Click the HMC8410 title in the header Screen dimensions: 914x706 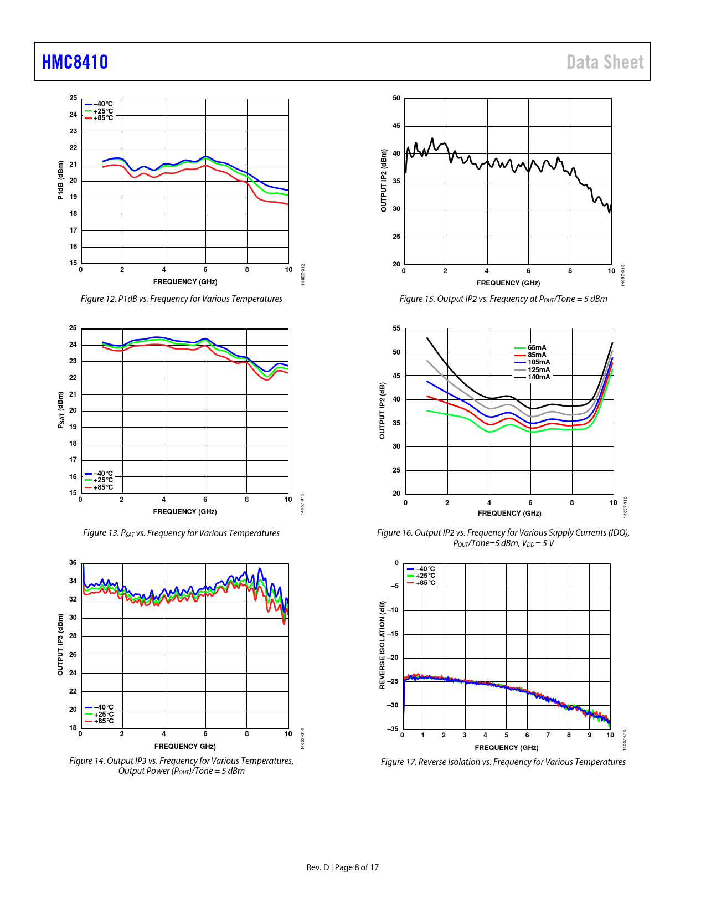coord(75,62)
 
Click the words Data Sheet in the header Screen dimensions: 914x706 coord(605,62)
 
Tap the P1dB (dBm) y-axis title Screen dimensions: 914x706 coord(60,180)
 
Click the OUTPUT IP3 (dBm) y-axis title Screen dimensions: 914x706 coord(60,644)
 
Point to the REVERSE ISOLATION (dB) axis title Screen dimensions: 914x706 coord(382,645)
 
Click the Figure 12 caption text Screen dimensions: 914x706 coord(182,299)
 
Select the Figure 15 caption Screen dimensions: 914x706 coord(503,299)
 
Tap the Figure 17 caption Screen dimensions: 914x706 coord(503,762)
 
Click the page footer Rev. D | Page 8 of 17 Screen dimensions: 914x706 coord(342,867)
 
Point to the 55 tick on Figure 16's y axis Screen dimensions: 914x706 coord(396,328)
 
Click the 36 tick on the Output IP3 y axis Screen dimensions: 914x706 coord(73,563)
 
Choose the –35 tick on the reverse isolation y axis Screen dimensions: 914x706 coord(393,729)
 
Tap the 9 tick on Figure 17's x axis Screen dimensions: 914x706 coord(590,735)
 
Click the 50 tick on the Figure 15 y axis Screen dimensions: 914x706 coord(396,99)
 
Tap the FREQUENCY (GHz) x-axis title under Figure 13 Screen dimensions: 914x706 coord(185,512)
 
